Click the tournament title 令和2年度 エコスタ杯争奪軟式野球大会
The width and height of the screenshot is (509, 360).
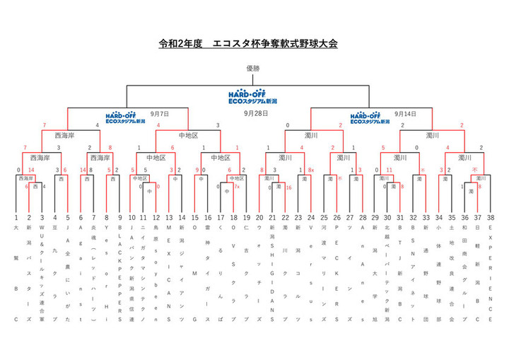248,44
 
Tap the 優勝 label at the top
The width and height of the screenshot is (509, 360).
254,69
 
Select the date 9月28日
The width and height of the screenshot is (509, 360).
255,113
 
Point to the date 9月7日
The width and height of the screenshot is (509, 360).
160,113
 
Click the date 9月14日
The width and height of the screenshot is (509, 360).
405,113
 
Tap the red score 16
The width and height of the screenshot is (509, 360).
288,187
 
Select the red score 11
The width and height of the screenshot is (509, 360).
389,170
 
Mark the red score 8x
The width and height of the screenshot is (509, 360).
311,170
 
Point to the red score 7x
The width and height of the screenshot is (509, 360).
237,187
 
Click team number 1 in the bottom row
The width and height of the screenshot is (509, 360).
16,219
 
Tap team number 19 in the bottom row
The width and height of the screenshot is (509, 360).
247,219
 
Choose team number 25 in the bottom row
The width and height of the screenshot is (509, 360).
324,219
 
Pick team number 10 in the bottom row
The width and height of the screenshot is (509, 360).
131,219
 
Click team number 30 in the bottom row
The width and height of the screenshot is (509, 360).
387,219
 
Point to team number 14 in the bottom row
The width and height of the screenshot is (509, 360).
182,219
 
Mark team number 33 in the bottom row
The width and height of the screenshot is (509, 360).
426,219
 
